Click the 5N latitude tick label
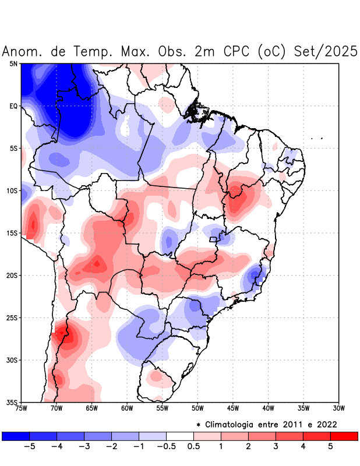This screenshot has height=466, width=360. (x=13, y=63)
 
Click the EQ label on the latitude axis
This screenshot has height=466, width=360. (x=13, y=106)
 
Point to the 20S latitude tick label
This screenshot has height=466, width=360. (x=12, y=276)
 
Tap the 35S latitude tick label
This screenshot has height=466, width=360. (x=12, y=403)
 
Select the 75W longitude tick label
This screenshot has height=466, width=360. (x=22, y=408)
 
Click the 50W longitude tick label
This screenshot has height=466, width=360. (x=197, y=408)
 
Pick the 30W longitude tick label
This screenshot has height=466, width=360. (x=338, y=408)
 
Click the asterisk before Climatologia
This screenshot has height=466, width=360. (x=199, y=424)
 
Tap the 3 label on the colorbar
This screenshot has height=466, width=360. (x=276, y=446)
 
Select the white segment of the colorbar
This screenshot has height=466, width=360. (x=179, y=436)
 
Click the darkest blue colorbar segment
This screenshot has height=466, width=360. (x=15, y=436)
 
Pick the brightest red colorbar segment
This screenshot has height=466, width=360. (x=344, y=436)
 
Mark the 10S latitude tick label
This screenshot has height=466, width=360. (x=12, y=190)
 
